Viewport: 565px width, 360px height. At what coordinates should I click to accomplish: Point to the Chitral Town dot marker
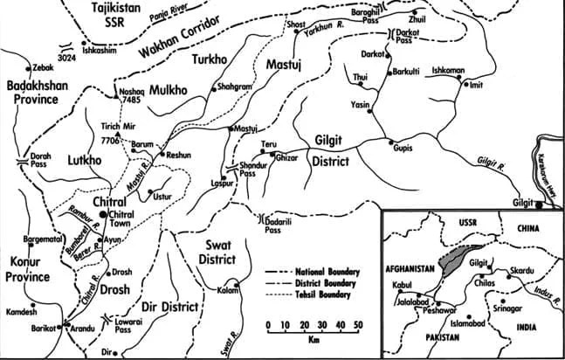[102, 213]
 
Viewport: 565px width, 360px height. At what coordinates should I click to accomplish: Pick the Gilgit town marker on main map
[539, 204]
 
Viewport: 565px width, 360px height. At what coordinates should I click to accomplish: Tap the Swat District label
[214, 252]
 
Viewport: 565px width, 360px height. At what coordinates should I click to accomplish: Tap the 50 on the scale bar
[357, 325]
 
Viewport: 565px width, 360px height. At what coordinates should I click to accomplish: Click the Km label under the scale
[312, 340]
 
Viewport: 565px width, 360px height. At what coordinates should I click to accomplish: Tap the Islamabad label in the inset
[466, 323]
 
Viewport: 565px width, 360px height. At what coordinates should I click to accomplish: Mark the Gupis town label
[402, 149]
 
